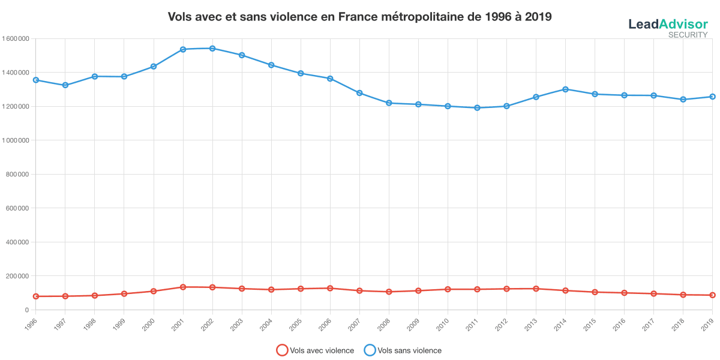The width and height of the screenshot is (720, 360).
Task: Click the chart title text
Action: [x=359, y=17]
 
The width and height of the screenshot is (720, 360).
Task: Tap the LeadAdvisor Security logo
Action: [x=668, y=27]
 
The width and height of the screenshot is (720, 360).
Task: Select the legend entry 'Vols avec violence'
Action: [x=315, y=350]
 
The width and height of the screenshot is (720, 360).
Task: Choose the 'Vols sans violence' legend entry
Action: [x=403, y=350]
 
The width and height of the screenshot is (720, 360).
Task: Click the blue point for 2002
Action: [x=212, y=48]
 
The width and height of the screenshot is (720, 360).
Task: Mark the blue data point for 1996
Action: [x=36, y=80]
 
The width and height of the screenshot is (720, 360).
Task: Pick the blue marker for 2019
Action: [x=712, y=97]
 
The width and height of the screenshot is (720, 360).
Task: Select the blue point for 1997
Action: [x=65, y=85]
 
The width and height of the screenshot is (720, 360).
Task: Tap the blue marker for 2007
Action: [x=359, y=93]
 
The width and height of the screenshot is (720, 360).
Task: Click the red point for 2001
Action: [x=183, y=287]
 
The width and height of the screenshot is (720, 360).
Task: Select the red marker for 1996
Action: [x=36, y=296]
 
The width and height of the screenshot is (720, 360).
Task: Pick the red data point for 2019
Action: [x=712, y=295]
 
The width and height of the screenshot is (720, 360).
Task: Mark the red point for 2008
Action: [x=389, y=292]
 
